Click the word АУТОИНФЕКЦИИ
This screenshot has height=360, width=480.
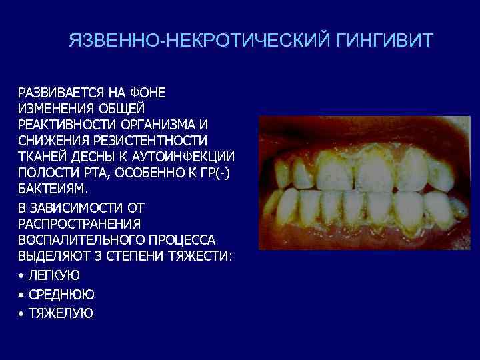click(187, 157)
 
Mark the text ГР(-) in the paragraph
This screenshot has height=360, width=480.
click(217, 173)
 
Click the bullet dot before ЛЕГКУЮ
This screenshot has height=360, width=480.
click(22, 275)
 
